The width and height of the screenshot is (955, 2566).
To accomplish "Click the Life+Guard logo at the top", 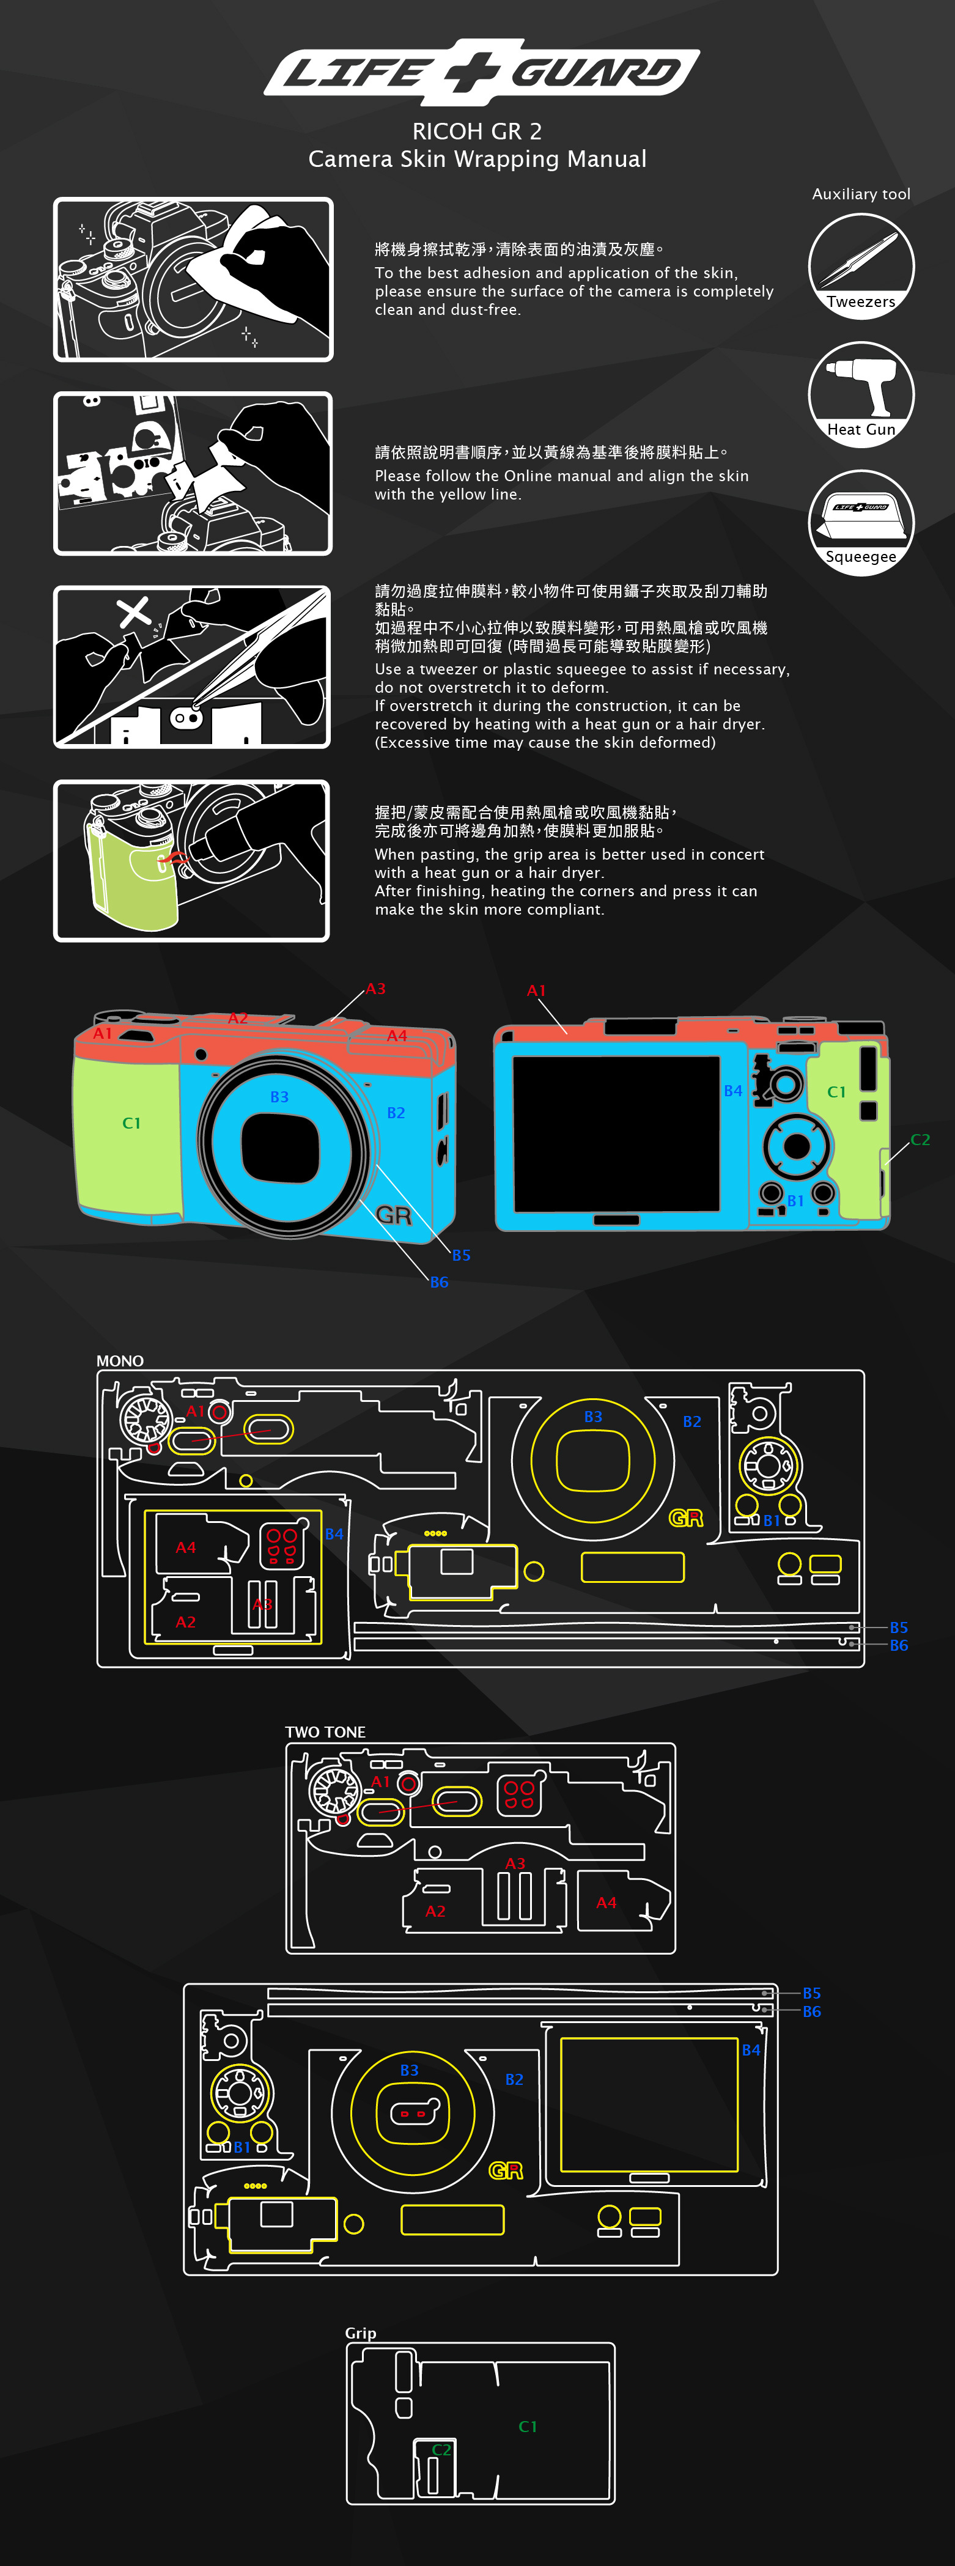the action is tap(481, 72).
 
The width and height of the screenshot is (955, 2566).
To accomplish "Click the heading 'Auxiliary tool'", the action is tap(860, 194).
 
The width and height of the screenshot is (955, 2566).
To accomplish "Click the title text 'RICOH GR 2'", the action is tap(477, 131).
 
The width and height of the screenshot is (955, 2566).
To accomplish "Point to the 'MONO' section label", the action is tap(119, 1361).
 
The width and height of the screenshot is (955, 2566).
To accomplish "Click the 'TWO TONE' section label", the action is tap(325, 1732).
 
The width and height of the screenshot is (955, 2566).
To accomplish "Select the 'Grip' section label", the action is tap(361, 2333).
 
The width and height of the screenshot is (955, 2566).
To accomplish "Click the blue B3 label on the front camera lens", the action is tap(280, 1097).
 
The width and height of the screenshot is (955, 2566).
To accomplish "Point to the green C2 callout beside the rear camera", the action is tap(920, 1140).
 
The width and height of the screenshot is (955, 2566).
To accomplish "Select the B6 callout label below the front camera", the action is tap(439, 1282).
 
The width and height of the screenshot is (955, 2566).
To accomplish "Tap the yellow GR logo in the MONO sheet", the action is tap(685, 1518).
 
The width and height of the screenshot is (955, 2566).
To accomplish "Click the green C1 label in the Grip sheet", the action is tap(528, 2427).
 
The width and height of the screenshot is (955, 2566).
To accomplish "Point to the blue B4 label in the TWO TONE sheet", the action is tap(751, 2050).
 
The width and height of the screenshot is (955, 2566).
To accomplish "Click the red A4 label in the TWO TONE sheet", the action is tap(607, 1903).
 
